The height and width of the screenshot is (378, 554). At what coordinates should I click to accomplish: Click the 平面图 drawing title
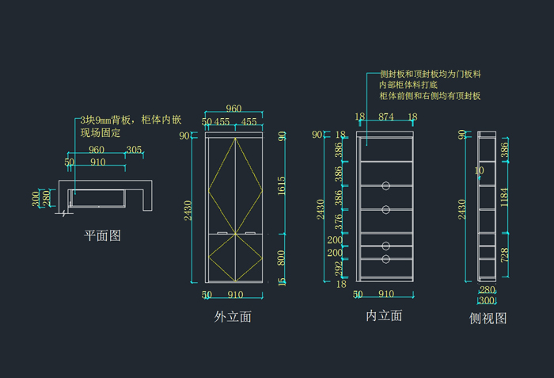coord(103,235)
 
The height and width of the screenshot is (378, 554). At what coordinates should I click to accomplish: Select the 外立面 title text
coord(233,317)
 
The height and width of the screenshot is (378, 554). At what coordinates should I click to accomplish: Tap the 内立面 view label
coord(384,316)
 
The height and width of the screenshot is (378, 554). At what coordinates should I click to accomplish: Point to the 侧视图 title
coord(488,319)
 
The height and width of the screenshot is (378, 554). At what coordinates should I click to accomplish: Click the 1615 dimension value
coord(283,185)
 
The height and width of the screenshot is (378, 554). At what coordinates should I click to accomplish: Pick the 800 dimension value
coord(283,257)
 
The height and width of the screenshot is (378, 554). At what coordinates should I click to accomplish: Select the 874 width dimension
coord(385,117)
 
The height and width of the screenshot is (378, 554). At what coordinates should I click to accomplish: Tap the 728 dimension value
coord(505,254)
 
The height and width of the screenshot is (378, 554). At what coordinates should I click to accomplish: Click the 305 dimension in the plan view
coord(134,150)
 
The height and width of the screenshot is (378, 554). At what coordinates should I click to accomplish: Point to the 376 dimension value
coord(338,220)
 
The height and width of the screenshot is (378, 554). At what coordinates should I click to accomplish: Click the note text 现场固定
coord(101,133)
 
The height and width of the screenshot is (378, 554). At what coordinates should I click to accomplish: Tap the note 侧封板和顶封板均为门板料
coord(431,73)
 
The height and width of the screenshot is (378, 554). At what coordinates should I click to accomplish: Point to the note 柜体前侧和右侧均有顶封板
coord(431,96)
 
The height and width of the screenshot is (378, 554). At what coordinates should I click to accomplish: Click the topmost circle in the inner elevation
coord(385,185)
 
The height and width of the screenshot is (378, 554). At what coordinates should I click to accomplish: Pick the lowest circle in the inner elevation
coord(385,259)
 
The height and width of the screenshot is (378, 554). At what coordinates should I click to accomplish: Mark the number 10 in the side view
coord(479,170)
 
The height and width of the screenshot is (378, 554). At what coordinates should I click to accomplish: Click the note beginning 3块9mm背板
coord(131,120)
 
